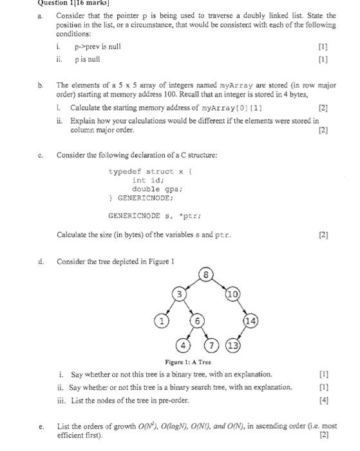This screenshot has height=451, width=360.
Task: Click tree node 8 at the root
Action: (205, 274)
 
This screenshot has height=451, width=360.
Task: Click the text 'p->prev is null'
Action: (97, 47)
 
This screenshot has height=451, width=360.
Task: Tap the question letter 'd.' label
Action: (41, 262)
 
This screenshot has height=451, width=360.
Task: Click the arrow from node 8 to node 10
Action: (220, 284)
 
